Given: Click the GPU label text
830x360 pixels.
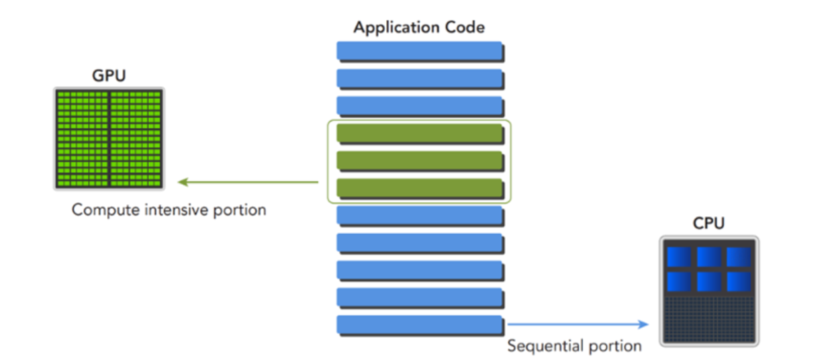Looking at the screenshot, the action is click(109, 76).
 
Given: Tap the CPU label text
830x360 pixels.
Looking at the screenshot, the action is click(708, 223).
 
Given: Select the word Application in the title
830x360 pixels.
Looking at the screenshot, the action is click(397, 28).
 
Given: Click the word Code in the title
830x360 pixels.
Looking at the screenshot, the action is click(465, 27).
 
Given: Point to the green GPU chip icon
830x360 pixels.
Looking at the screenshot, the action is click(109, 138).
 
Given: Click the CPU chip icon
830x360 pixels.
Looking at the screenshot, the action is click(709, 291).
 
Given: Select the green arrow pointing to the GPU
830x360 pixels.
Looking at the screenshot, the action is click(248, 182).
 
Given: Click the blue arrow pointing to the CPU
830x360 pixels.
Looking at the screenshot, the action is click(578, 324).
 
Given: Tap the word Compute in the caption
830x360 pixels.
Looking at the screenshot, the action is click(105, 210).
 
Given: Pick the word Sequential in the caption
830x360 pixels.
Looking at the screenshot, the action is click(546, 346).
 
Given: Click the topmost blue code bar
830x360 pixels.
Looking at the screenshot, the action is click(420, 51).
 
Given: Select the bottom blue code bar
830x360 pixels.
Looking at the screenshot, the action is click(420, 325).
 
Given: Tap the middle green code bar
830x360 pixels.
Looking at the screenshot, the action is click(420, 161).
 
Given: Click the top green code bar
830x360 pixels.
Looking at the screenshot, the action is click(420, 134).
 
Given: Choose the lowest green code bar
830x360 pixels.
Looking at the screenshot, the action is click(420, 188).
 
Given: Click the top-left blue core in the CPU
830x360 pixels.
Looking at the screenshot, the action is click(679, 257).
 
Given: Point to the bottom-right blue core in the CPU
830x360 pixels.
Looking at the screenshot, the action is click(739, 281).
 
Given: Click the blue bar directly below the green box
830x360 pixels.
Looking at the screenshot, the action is click(420, 216).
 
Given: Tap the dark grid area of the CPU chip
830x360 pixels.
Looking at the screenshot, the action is click(709, 319).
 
